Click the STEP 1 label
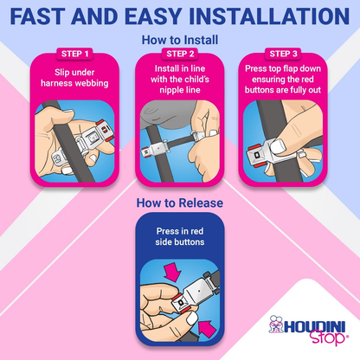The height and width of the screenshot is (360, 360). pyautogui.click(x=75, y=54)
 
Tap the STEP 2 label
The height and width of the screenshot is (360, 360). pyautogui.click(x=180, y=54)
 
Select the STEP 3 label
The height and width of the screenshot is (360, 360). pyautogui.click(x=283, y=54)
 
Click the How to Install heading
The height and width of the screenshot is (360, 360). pyautogui.click(x=180, y=40)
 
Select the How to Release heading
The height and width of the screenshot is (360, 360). pyautogui.click(x=180, y=202)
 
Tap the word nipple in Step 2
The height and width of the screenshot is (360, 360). pyautogui.click(x=172, y=90)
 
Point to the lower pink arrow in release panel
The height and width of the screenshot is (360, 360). pyautogui.click(x=207, y=328)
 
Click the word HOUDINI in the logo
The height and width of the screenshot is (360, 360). pyautogui.click(x=315, y=326)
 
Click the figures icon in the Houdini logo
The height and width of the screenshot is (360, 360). pyautogui.click(x=276, y=324)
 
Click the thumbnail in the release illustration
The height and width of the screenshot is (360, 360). pyautogui.click(x=192, y=318)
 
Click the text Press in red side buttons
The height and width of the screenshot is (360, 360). pyautogui.click(x=180, y=236)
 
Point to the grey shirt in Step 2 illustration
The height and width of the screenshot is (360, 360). pyautogui.click(x=172, y=114)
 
